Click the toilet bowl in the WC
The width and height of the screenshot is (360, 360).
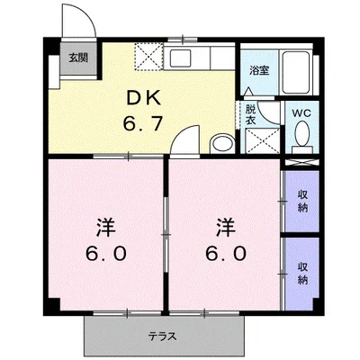pos(301,137)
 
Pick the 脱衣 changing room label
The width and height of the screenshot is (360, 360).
pos(252,113)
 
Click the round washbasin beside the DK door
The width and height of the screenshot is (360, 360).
pos(220,143)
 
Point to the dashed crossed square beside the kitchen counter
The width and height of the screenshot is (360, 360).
pos(148,58)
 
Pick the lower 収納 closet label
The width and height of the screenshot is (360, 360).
pos(301,271)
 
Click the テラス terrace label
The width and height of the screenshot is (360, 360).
pos(165,337)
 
